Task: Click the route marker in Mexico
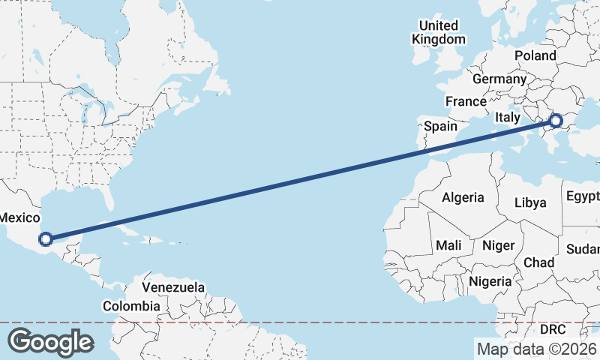[46, 239]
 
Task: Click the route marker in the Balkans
[556, 120]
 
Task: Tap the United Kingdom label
[439, 32]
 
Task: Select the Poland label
[535, 55]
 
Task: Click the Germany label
[499, 79]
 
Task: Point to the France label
[466, 101]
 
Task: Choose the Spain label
[440, 126]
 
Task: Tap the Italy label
[507, 118]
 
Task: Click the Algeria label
[463, 198]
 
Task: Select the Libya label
[530, 202]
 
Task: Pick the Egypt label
[583, 196]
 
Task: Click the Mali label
[448, 245]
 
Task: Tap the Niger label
[498, 245]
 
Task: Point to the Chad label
[538, 262]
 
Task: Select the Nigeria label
[490, 281]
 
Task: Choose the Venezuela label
[173, 287]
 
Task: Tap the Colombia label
[131, 306]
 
